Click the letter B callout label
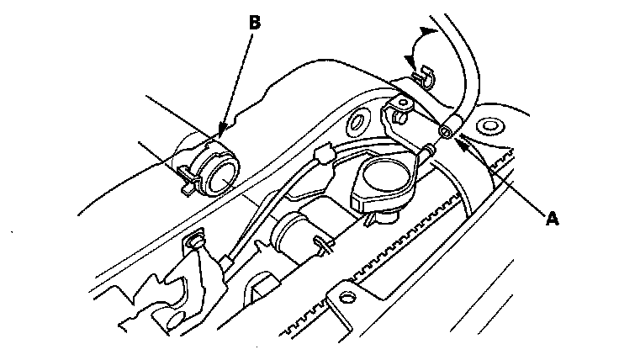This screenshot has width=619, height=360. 254,23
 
